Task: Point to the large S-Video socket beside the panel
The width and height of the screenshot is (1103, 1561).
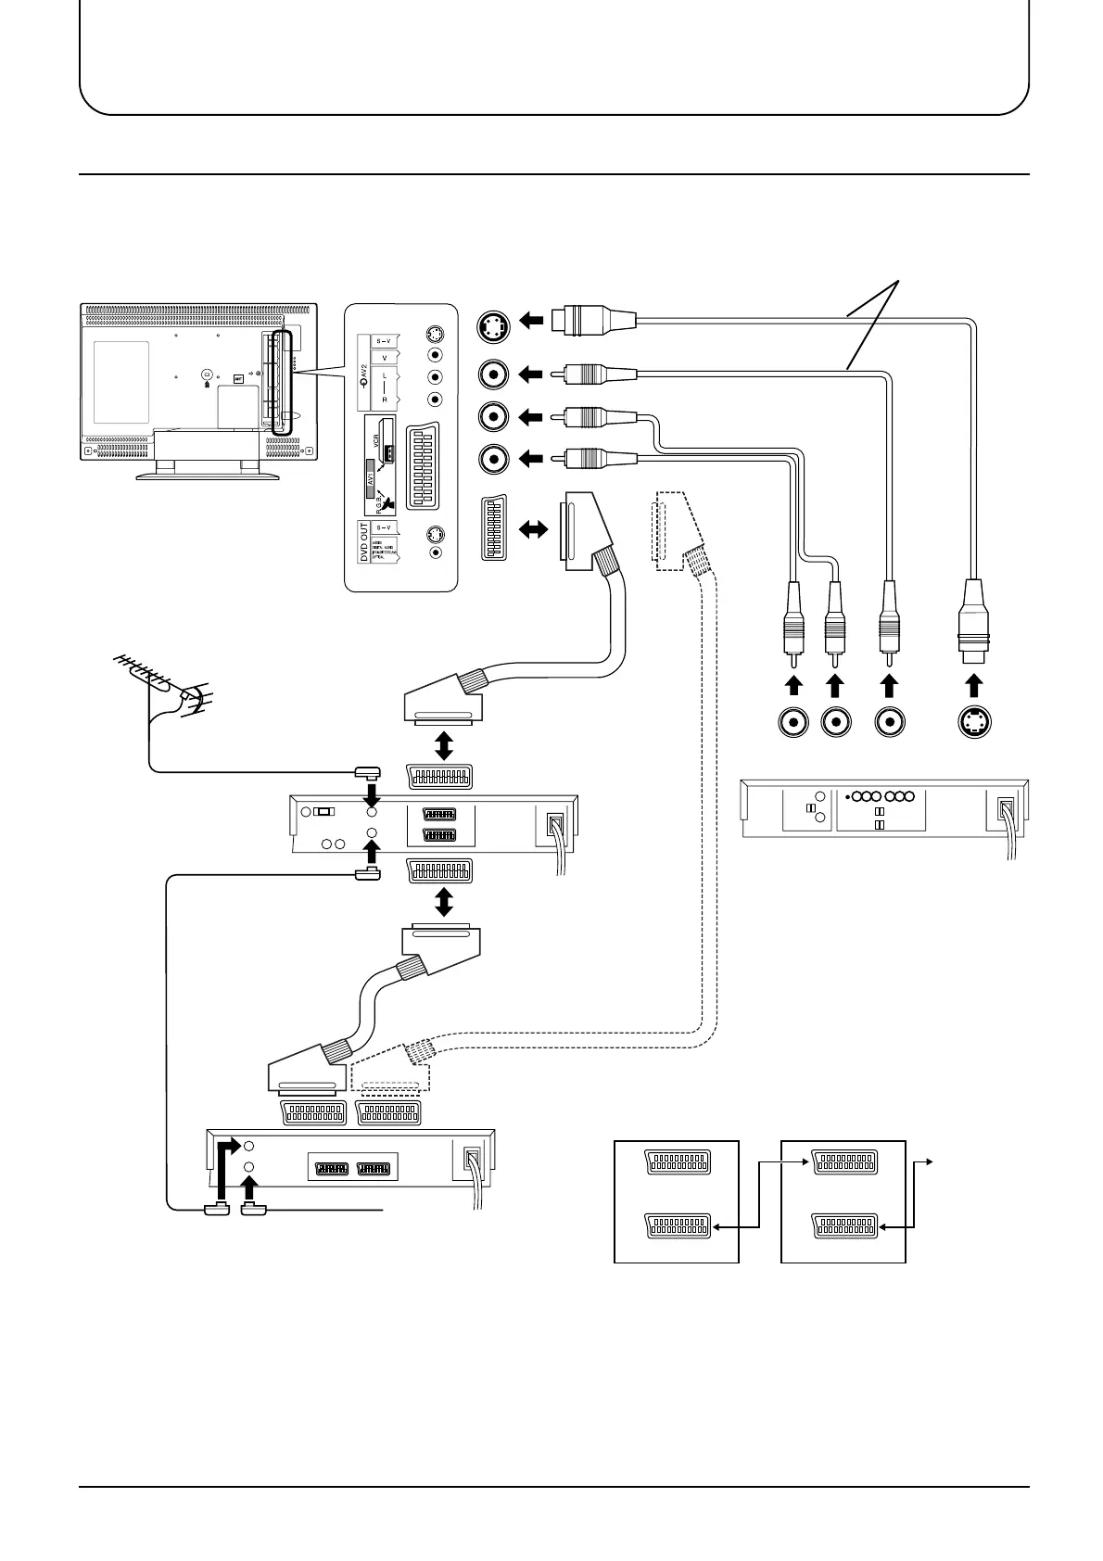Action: click(x=493, y=325)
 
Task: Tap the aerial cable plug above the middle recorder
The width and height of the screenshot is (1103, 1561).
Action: click(x=364, y=772)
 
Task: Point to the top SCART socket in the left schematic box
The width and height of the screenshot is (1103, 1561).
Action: click(x=677, y=1161)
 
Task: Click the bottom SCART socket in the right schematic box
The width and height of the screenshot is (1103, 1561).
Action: click(x=843, y=1226)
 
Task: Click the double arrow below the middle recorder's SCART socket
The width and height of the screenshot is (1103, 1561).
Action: click(x=444, y=900)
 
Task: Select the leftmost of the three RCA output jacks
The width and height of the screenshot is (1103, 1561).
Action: click(x=793, y=722)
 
